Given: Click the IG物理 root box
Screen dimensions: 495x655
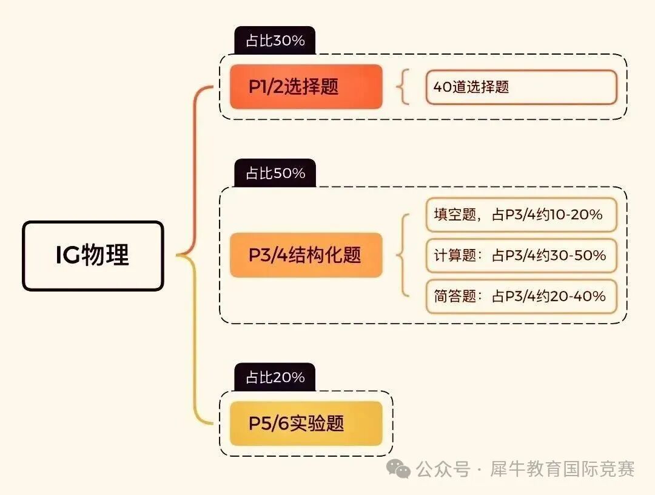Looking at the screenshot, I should point(93,256).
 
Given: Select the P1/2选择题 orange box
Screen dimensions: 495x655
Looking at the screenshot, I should point(306,87).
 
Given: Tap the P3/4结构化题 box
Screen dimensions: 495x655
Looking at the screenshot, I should point(306,255).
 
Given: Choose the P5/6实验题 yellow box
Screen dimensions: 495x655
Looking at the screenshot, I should point(306,423).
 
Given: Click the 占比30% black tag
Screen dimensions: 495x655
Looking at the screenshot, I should point(275,41).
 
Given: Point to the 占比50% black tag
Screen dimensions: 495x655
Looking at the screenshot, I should point(275,174).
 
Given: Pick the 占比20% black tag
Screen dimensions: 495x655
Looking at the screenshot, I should point(275,378).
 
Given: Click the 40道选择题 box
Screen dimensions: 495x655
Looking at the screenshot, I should point(521,87).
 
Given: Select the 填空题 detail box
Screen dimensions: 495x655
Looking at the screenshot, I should point(521,214).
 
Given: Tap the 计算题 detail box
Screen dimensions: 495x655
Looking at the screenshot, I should point(521,255).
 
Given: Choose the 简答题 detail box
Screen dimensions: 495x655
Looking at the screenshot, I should point(521,296).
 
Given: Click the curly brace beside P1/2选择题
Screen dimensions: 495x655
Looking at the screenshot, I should point(401,87).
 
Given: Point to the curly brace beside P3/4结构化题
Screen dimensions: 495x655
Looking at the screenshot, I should point(401,255).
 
